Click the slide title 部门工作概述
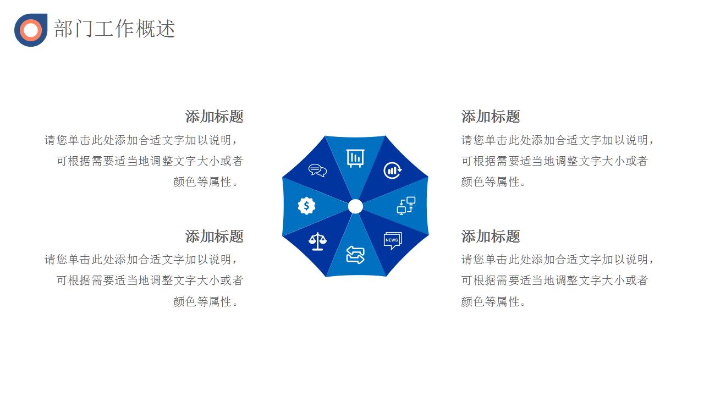click(x=114, y=29)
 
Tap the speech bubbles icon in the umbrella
click(x=317, y=170)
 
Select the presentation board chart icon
click(x=355, y=158)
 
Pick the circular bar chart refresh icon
click(x=393, y=170)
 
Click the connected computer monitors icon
click(x=406, y=206)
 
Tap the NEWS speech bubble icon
click(x=393, y=241)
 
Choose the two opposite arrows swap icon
click(x=355, y=255)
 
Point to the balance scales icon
click(x=317, y=241)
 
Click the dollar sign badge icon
click(x=306, y=206)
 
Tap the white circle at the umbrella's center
click(x=355, y=206)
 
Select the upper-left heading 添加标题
click(x=214, y=116)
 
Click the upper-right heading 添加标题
click(x=491, y=116)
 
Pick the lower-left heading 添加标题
click(x=214, y=236)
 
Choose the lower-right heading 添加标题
click(x=491, y=236)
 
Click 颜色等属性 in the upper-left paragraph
click(x=202, y=182)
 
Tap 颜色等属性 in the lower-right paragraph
click(x=490, y=302)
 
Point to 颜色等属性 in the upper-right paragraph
click(x=490, y=182)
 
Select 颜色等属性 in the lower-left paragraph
click(x=202, y=302)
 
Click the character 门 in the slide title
click(x=84, y=29)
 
